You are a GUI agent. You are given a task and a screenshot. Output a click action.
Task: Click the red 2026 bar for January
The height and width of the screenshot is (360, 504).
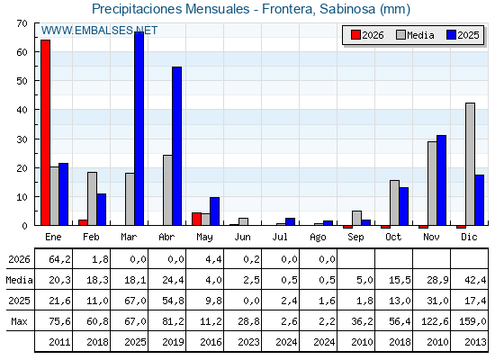point(45,132)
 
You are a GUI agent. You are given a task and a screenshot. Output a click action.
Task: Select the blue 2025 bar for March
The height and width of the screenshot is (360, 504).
point(139,129)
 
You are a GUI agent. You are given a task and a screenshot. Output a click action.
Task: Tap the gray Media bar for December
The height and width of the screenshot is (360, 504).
point(470,164)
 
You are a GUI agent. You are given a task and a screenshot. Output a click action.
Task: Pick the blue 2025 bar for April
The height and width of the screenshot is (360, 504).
point(176,146)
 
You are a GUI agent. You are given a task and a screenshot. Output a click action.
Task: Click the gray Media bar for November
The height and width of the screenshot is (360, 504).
point(432,184)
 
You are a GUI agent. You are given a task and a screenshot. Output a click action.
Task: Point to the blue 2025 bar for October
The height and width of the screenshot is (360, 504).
point(404,206)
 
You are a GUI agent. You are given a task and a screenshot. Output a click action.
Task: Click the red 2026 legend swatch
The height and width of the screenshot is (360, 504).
point(355,35)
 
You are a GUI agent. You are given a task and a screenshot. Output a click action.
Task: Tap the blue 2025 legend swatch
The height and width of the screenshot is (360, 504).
point(451,35)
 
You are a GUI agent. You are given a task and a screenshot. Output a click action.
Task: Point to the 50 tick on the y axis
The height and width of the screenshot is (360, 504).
point(22,81)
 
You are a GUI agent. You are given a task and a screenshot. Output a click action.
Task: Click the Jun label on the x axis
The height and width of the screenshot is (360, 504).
point(242,238)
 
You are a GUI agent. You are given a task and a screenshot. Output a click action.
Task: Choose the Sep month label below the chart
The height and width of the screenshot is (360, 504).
point(355,238)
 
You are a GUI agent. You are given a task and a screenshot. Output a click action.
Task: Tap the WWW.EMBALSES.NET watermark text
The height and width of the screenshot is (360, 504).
point(99,31)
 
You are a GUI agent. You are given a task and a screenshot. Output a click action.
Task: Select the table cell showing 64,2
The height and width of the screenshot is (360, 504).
point(59,259)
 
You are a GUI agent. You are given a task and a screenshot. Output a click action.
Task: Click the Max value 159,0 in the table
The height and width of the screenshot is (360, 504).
point(472,321)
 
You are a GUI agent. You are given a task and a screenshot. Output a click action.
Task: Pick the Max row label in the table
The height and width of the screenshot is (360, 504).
point(19,321)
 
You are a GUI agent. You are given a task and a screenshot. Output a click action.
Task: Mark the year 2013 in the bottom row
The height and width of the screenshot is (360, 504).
point(475,342)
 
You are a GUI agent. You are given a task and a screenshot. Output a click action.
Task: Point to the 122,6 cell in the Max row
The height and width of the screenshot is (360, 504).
point(435,321)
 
